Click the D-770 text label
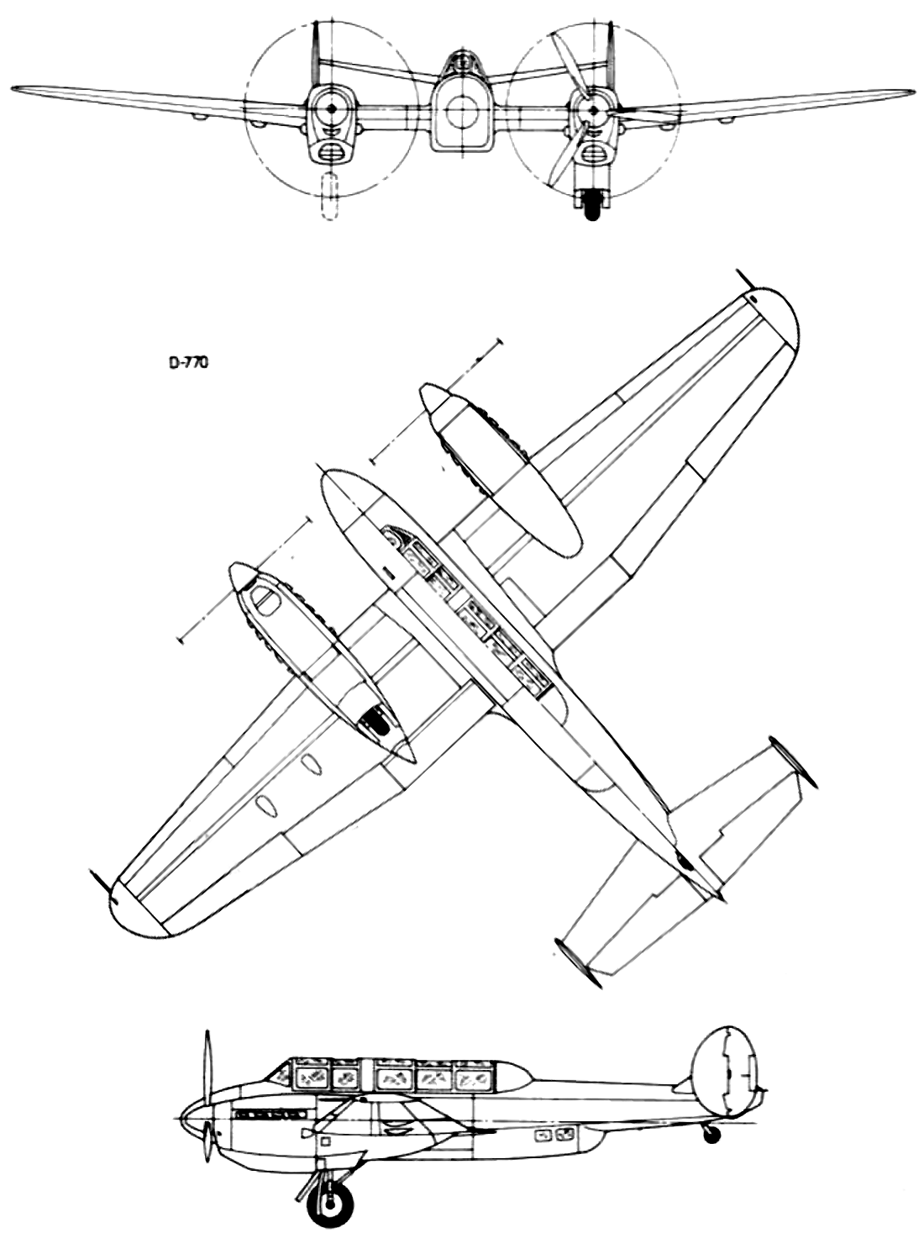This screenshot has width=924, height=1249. coord(188,364)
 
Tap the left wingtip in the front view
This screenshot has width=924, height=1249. coord(14,88)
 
